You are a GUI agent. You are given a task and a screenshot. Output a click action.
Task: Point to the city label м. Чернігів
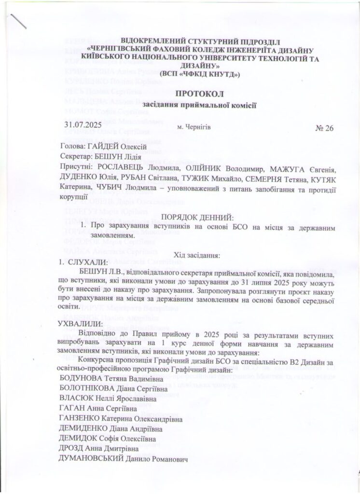click(194, 127)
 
